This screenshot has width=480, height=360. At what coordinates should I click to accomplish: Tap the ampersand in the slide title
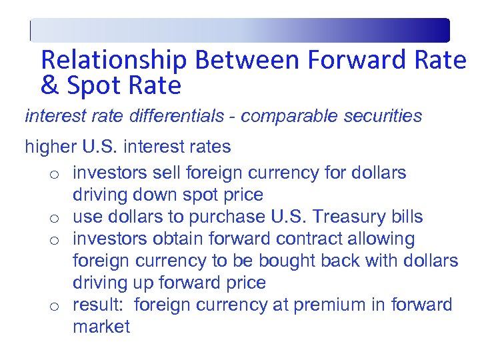[x=49, y=86]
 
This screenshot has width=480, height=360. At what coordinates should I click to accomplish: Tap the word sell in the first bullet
[x=167, y=173]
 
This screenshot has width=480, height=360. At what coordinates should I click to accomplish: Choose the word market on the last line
[x=101, y=327]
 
